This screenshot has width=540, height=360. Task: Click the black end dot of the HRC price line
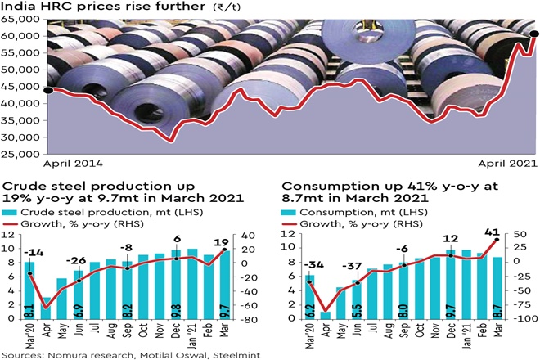pyautogui.click(x=534, y=34)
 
